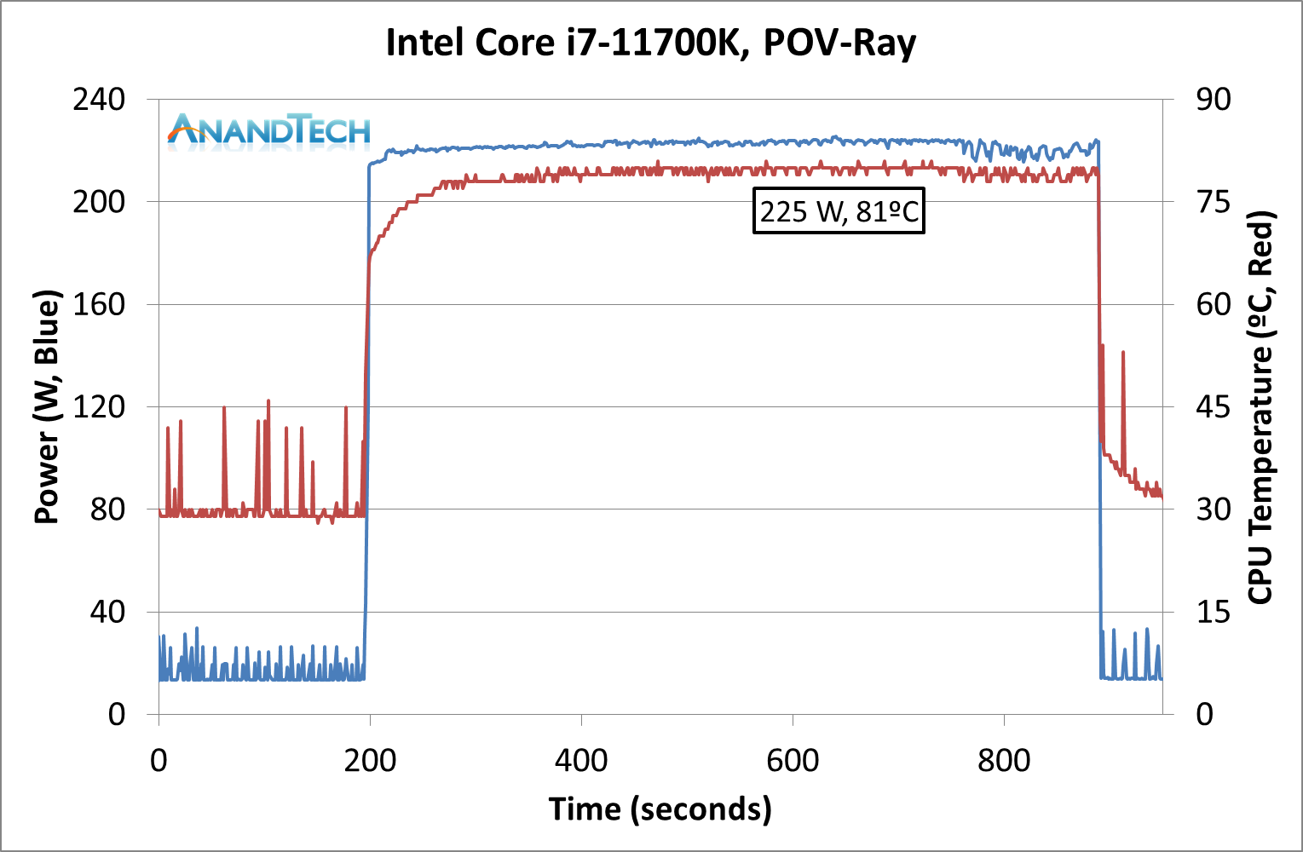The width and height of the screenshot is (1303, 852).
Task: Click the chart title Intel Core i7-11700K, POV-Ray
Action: pos(651,43)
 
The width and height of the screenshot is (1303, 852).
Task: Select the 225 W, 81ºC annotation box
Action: pos(839,210)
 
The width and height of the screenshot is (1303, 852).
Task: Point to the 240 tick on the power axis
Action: pos(99,100)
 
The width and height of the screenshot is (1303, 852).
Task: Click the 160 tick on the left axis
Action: pos(99,304)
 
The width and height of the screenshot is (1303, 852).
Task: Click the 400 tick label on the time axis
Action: pos(581,760)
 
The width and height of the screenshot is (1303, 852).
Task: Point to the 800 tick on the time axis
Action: pos(1004,760)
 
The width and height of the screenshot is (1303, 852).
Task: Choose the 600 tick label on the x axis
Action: pos(793,760)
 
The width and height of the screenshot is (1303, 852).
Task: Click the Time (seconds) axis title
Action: pos(660,809)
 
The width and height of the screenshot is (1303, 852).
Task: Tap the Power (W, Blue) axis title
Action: pos(48,407)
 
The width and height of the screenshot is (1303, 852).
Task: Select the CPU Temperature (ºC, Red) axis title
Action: pos(1260,407)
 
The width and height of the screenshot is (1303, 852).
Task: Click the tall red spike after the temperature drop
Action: pos(1123,353)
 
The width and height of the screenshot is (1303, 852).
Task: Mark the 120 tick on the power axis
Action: pos(99,406)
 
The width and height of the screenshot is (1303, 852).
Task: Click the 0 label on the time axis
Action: pos(159,760)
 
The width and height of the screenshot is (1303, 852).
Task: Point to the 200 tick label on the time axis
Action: pos(370,760)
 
